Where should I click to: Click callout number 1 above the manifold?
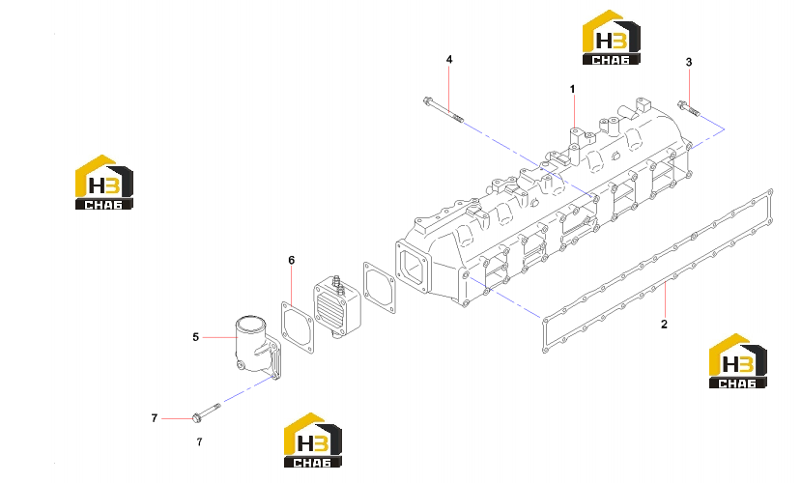click(572, 89)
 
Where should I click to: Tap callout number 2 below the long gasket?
click(664, 324)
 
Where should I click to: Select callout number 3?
click(689, 62)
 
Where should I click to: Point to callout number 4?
click(449, 59)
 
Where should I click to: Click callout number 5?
click(195, 337)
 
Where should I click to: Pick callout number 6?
click(291, 261)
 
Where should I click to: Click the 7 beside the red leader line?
click(155, 418)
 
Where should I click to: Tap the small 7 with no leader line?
click(199, 441)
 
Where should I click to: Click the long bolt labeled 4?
click(443, 110)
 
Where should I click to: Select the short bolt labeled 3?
click(687, 108)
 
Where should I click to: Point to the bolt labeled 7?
click(206, 412)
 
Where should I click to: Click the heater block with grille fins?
click(336, 306)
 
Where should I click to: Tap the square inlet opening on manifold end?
click(413, 267)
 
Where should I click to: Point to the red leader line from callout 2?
click(665, 299)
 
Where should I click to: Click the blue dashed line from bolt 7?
click(246, 389)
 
